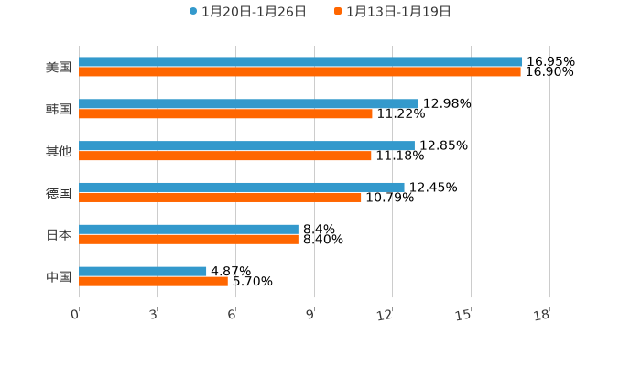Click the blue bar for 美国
[x=300, y=62]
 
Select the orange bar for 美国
[x=299, y=72]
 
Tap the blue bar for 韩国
[x=248, y=104]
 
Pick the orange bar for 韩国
[x=225, y=114]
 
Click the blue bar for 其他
[x=246, y=145]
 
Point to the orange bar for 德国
[x=220, y=198]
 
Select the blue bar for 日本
[x=189, y=229]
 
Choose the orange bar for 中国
[x=153, y=281]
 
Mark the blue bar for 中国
[x=143, y=271]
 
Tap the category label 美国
[x=59, y=68]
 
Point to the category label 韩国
[x=59, y=110]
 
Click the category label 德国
[x=59, y=193]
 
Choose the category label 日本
[x=59, y=235]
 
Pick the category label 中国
[x=59, y=276]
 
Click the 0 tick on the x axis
[x=76, y=315]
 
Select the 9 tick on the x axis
[x=310, y=315]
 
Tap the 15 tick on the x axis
[x=463, y=315]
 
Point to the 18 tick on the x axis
[x=542, y=315]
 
